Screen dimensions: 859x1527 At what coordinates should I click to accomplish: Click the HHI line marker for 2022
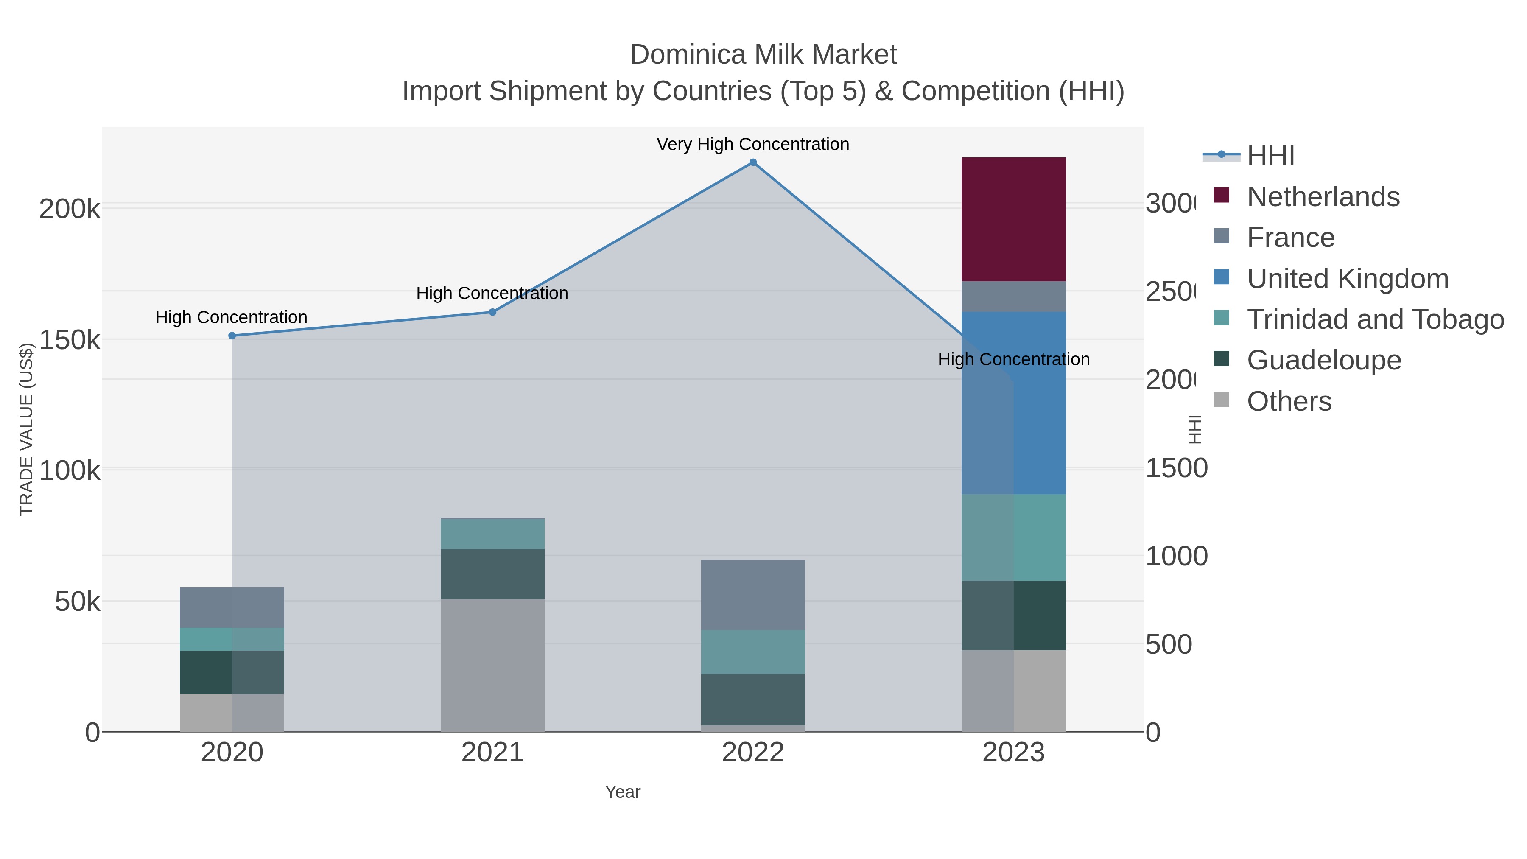[x=753, y=162]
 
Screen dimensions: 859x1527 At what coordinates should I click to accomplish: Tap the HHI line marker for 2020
[x=232, y=336]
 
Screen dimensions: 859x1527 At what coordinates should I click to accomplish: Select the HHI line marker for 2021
[x=492, y=312]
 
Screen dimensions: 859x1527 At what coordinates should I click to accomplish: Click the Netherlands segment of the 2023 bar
[x=1013, y=219]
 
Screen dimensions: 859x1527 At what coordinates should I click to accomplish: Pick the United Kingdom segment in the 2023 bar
[x=1013, y=403]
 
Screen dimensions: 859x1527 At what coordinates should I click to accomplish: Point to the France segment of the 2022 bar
[x=753, y=595]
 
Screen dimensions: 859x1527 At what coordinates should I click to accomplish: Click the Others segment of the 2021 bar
[x=492, y=665]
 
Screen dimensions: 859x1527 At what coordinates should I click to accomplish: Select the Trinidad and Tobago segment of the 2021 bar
[x=492, y=534]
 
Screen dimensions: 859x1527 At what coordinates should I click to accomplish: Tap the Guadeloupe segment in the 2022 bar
[x=753, y=699]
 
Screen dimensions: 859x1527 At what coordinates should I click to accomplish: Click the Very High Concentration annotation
[x=753, y=144]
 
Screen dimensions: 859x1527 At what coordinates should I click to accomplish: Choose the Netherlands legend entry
[x=1323, y=197]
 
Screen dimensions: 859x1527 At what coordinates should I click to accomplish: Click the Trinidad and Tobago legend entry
[x=1375, y=319]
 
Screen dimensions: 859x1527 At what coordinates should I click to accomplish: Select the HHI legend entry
[x=1270, y=156]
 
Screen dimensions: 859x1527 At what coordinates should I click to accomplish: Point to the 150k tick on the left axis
[x=70, y=340]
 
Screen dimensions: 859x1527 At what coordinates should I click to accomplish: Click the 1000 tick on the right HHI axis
[x=1175, y=556]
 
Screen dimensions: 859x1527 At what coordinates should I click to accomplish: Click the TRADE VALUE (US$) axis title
[x=26, y=429]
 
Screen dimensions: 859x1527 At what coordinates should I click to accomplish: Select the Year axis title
[x=622, y=792]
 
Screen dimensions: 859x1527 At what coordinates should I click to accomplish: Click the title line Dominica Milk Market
[x=763, y=55]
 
